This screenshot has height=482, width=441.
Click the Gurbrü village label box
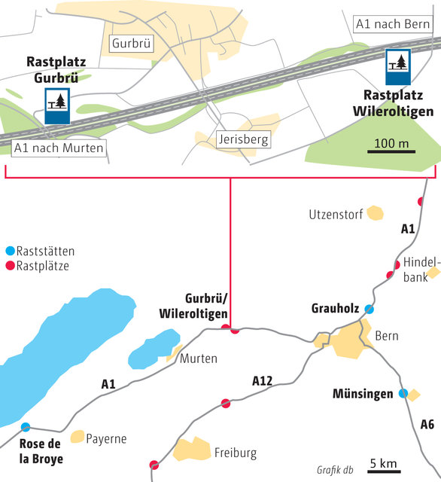131,44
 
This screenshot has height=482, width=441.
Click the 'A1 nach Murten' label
59,148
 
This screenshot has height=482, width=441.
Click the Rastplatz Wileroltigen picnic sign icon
397,67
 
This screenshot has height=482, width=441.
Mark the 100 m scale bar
391,151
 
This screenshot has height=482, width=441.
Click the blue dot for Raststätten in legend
10,251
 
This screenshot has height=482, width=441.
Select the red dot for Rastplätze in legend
10,266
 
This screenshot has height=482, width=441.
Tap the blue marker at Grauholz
369,309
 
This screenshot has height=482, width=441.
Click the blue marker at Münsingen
403,393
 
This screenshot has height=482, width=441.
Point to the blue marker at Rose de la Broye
26,427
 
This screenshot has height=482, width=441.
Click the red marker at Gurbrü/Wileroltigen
235,329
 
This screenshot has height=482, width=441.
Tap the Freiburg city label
236,453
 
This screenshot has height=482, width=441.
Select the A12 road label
261,382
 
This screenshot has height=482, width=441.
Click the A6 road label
427,425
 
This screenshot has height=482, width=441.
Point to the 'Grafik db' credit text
335,468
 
